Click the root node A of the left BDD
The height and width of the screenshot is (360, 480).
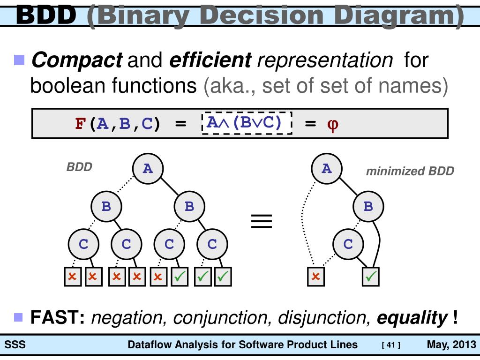(x=148, y=168)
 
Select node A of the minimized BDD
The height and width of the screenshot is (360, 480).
(x=327, y=168)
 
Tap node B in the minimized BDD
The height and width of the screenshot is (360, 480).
(x=368, y=206)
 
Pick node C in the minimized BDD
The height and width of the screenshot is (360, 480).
(x=348, y=244)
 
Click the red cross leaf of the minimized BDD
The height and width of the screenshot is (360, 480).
(x=315, y=277)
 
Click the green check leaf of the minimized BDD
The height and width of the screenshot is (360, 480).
(x=371, y=277)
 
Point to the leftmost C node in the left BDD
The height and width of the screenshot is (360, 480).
(x=83, y=244)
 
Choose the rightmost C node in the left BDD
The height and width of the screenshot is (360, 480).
(x=212, y=244)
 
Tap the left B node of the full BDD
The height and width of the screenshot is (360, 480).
(x=106, y=206)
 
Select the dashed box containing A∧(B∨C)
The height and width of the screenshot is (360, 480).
(x=247, y=123)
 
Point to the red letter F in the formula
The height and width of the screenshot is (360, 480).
(x=80, y=124)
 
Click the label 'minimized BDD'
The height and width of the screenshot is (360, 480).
(x=410, y=171)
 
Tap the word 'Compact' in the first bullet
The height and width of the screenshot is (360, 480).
(x=76, y=60)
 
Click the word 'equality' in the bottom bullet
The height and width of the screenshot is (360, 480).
(x=412, y=318)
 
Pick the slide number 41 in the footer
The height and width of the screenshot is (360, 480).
(x=391, y=346)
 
